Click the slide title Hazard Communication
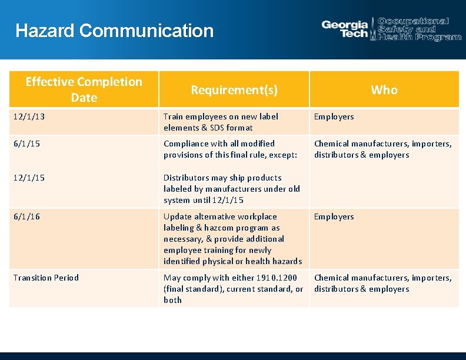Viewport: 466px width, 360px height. point(115,31)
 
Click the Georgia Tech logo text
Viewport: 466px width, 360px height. point(345,29)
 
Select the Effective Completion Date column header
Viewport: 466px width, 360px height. point(84,89)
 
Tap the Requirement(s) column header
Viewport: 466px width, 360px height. point(234,90)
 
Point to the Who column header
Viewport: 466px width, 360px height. point(384,90)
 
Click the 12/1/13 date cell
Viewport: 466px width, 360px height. point(29,116)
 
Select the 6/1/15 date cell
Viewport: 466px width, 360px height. point(26,144)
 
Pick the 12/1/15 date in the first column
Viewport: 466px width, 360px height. point(29,178)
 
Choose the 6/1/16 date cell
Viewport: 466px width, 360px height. point(26,216)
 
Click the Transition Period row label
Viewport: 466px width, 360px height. point(46,278)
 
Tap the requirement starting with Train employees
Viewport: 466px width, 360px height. point(221,122)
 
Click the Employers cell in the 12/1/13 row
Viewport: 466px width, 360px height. point(334,116)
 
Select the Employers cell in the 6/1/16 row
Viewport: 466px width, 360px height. point(334,216)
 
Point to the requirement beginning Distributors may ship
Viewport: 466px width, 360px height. point(231,189)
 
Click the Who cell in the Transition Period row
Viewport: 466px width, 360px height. point(382,283)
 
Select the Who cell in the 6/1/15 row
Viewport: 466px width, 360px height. point(382,149)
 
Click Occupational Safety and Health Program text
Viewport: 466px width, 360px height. point(419,29)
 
